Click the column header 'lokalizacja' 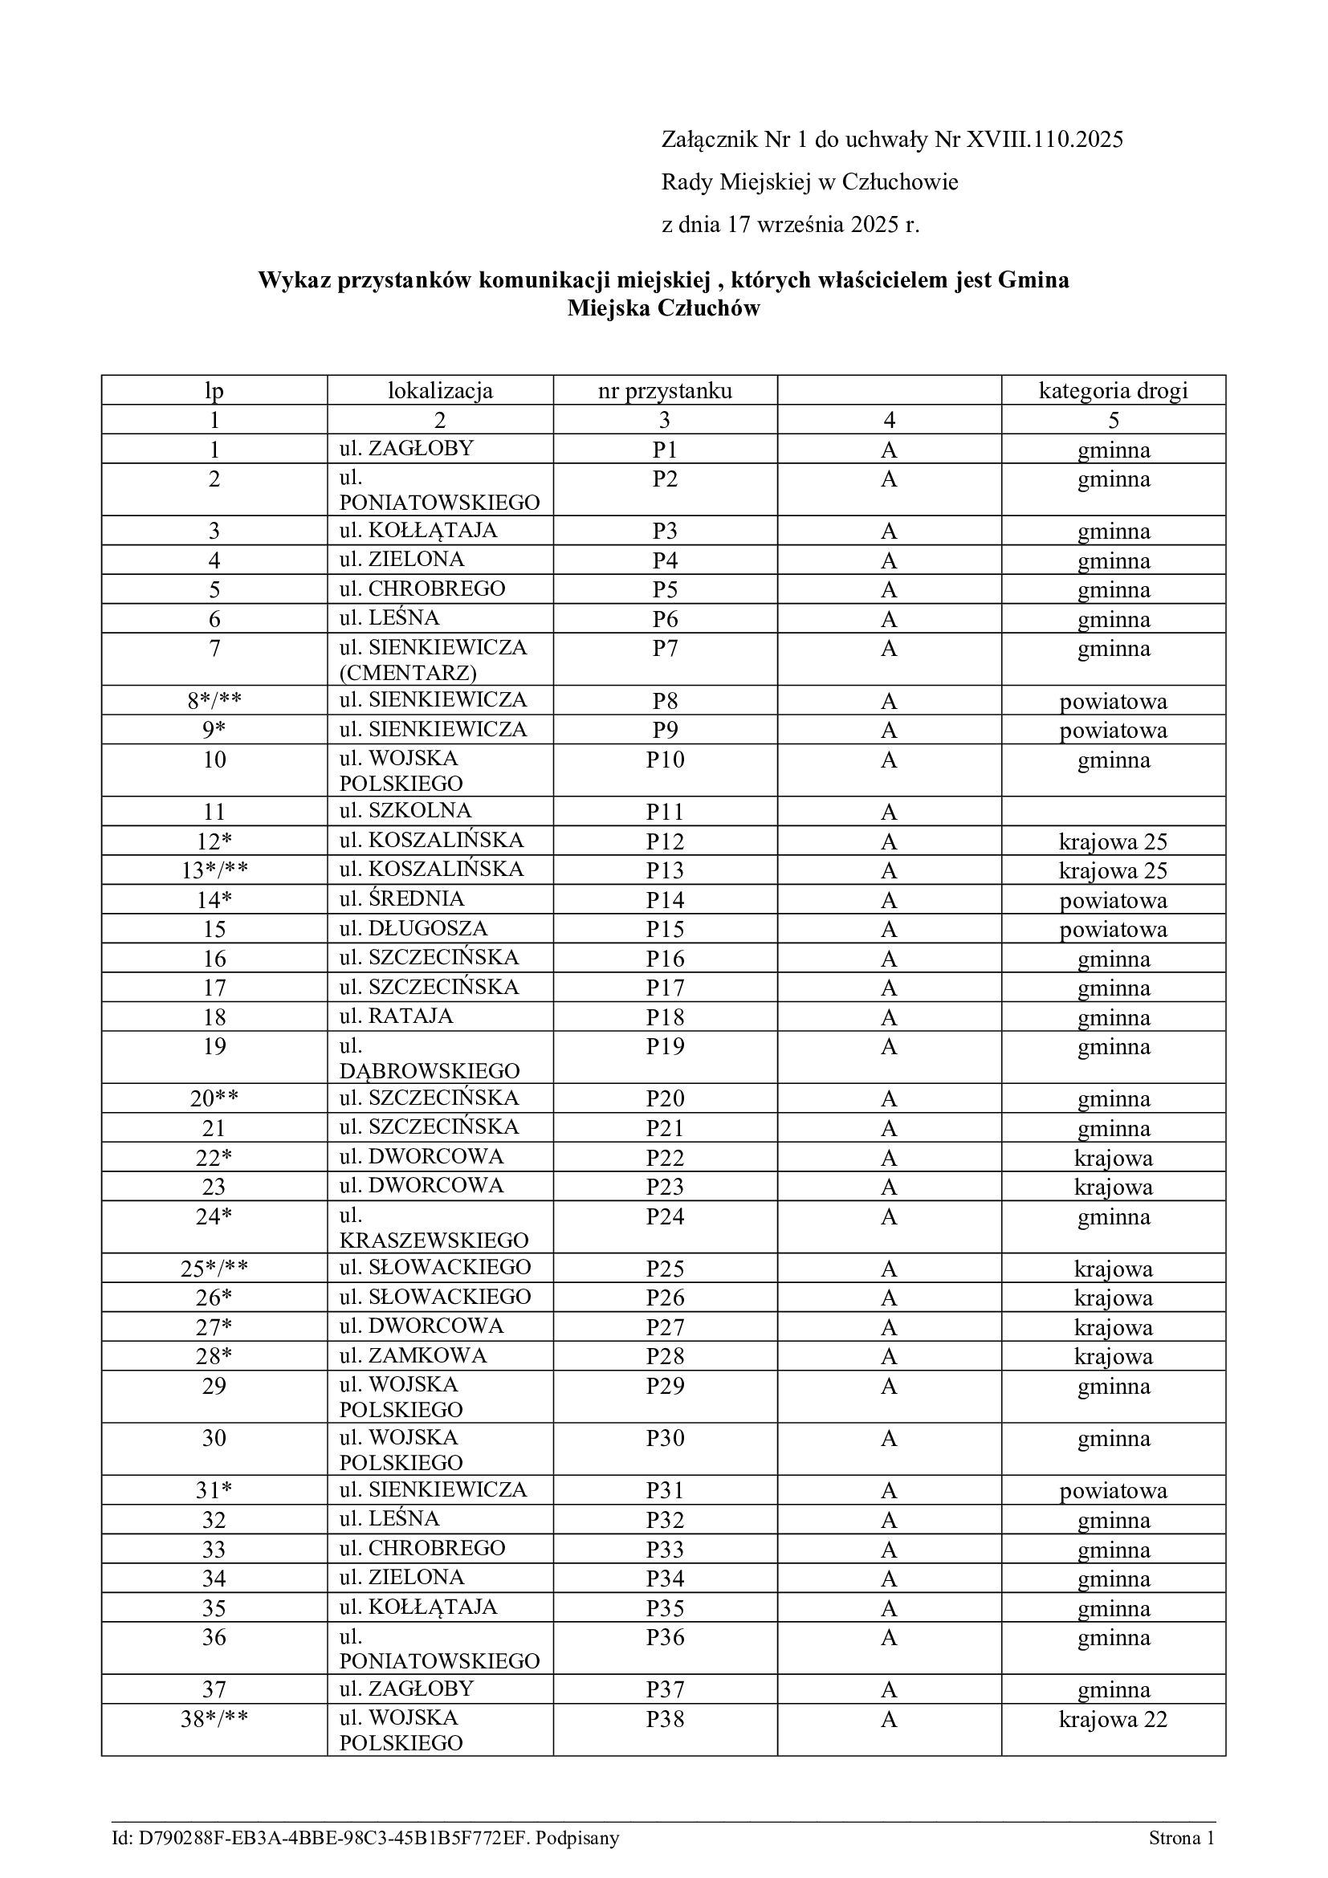[440, 391]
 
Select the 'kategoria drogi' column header [1113, 391]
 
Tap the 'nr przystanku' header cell [665, 391]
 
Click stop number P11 [665, 813]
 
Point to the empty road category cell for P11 [1113, 812]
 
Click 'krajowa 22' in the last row [1113, 1719]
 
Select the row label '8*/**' [214, 701]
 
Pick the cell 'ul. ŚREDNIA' [401, 899]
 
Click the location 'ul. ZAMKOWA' [413, 1355]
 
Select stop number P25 [665, 1269]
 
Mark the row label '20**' [214, 1098]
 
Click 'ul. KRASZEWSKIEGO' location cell [434, 1239]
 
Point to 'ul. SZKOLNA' [405, 811]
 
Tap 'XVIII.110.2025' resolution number [1045, 140]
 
